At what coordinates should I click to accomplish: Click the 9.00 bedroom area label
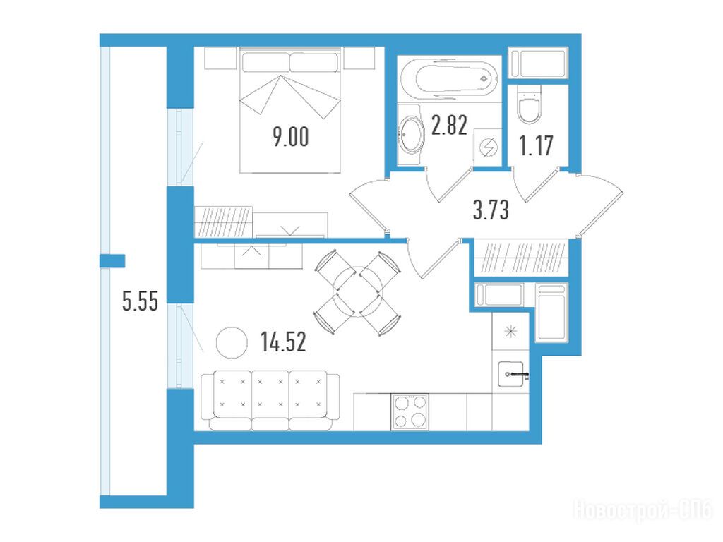290,137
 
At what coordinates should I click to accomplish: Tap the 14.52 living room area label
283,342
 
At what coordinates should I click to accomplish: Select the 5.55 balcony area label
140,301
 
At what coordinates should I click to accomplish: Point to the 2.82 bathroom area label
449,126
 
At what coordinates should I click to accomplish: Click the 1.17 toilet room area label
536,145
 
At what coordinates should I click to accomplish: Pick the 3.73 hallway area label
491,210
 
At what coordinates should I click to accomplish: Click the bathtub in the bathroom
449,79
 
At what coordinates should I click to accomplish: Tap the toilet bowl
530,104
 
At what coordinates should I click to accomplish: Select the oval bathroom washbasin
410,134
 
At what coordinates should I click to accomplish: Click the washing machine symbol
487,147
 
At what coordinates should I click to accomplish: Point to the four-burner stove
410,412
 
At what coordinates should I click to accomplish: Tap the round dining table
357,291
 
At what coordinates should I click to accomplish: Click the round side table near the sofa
232,342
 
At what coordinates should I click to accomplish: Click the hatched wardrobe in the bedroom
224,222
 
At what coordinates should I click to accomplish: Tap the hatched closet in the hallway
522,258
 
